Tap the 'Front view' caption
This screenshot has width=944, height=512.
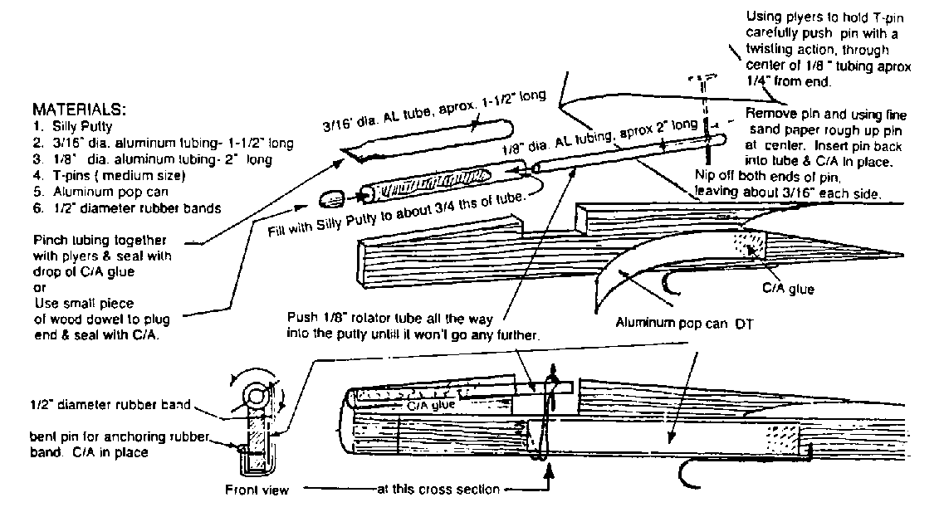point(257,490)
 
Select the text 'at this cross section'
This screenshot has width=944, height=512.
point(438,490)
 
